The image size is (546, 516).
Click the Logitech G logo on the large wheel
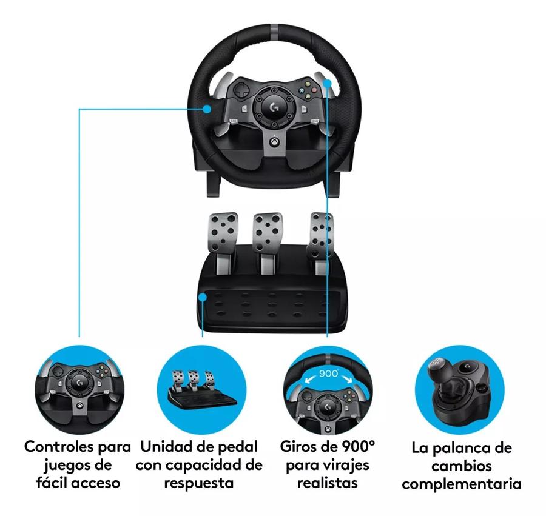pos(274,106)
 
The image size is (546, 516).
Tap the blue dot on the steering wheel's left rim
pos(207,109)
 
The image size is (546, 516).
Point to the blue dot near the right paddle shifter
pos(328,83)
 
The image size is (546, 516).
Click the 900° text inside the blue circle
pos(328,374)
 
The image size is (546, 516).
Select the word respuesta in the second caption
pos(199,484)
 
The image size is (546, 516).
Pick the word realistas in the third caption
pos(328,483)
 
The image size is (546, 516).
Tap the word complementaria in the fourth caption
pos(462,485)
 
